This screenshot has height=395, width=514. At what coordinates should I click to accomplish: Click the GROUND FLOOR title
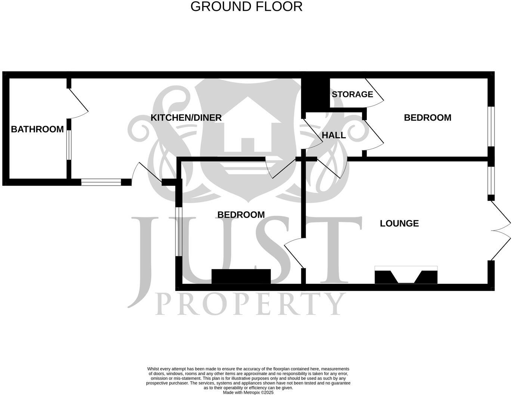point(246,7)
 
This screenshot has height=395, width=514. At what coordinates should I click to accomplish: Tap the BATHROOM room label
point(37,129)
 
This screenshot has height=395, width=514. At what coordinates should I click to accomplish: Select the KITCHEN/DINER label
point(186,117)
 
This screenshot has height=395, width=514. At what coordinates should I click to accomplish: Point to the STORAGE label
point(352,94)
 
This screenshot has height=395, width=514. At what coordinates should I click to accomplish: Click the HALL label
point(334,135)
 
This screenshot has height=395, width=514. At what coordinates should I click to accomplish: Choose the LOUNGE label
point(399,223)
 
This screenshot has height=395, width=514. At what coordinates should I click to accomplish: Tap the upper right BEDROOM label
point(427,117)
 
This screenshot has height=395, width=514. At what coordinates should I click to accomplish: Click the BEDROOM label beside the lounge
point(241,215)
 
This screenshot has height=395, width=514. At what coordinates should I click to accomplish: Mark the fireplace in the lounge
point(406,275)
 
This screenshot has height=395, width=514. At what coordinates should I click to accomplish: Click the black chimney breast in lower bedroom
point(241,276)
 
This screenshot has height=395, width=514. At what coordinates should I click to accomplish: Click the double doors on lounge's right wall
point(501,230)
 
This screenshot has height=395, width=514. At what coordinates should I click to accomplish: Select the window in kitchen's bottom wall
point(101,182)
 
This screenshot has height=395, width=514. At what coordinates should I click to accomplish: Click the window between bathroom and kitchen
point(69,145)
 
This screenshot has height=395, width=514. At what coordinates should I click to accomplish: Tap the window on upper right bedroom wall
point(492,126)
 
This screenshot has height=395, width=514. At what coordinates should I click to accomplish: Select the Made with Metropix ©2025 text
point(248,392)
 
